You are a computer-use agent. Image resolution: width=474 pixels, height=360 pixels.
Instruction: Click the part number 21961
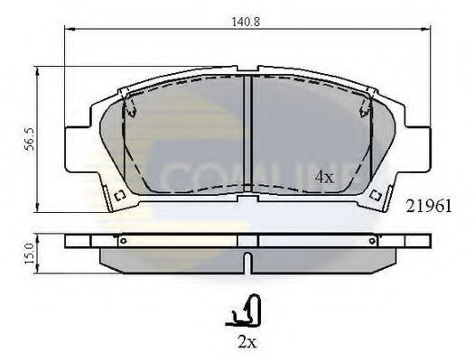(433, 206)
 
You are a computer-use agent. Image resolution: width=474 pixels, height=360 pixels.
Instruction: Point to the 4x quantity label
(323, 177)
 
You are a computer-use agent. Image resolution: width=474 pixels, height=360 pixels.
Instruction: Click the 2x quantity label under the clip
(246, 343)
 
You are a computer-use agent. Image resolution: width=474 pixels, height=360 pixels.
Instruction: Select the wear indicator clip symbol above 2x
(245, 313)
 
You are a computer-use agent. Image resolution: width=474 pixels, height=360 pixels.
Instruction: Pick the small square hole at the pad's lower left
(117, 196)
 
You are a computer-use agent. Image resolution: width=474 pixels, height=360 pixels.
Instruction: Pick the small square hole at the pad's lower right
(380, 196)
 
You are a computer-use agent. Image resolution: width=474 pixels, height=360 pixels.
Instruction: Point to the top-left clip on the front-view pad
(129, 107)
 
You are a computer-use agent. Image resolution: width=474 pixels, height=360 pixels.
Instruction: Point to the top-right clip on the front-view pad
(367, 107)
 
